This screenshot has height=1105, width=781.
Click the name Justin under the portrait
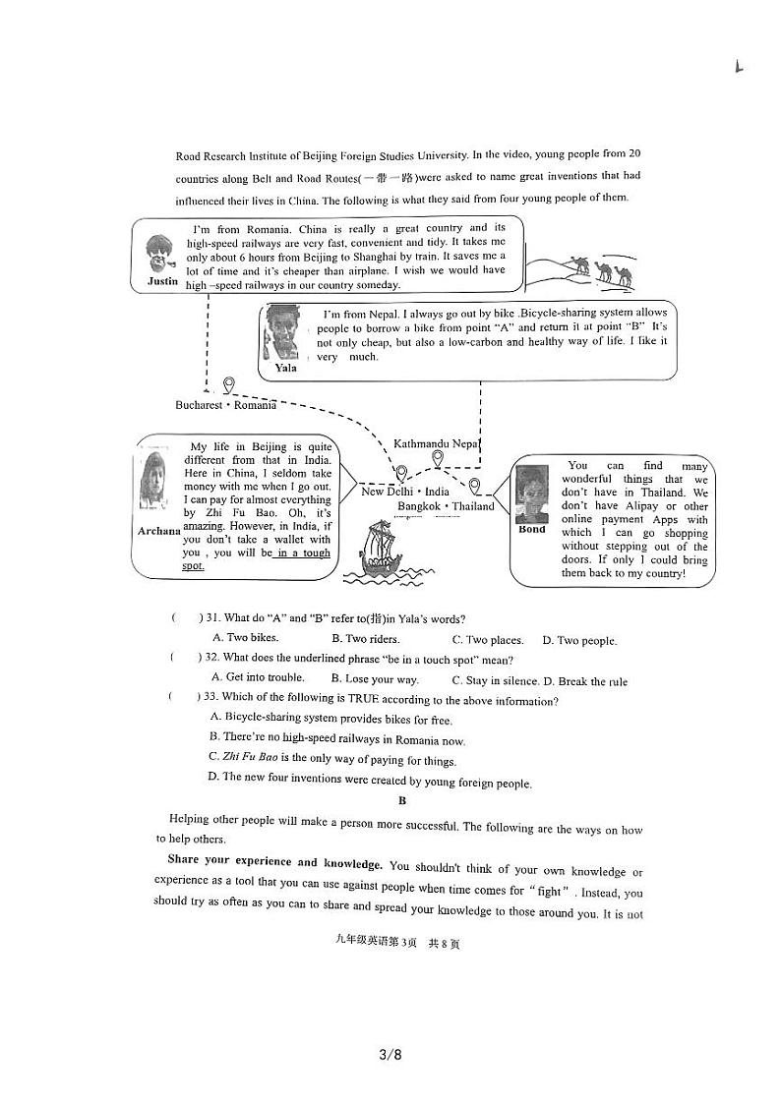[x=163, y=281]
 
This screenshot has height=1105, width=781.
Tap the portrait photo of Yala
[x=283, y=332]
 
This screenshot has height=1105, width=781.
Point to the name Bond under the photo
[x=532, y=529]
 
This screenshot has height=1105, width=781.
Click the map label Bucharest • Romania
[x=225, y=405]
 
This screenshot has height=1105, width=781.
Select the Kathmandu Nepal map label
[x=436, y=443]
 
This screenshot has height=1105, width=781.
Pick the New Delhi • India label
[x=405, y=492]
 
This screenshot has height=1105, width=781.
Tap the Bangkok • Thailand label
[x=446, y=506]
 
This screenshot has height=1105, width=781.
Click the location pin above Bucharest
[x=228, y=384]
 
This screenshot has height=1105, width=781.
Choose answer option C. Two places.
[x=487, y=640]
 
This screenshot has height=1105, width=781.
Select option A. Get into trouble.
[x=258, y=677]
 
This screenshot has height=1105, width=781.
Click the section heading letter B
[x=401, y=800]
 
